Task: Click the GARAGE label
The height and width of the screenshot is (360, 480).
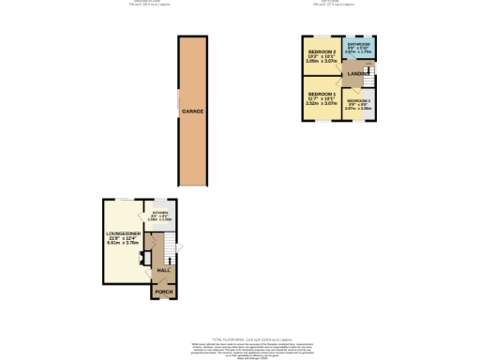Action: [x=193, y=112]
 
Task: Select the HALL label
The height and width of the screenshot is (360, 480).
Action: [x=162, y=270]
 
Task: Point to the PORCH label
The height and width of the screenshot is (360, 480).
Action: [x=164, y=292]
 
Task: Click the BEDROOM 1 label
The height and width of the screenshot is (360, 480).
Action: [x=322, y=95]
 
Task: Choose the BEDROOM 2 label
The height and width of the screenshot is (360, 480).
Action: [x=322, y=52]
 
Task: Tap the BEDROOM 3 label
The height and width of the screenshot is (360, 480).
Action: [x=358, y=100]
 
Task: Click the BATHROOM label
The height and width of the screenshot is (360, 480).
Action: [x=359, y=45]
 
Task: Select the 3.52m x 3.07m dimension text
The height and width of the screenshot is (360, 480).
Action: [x=322, y=105]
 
